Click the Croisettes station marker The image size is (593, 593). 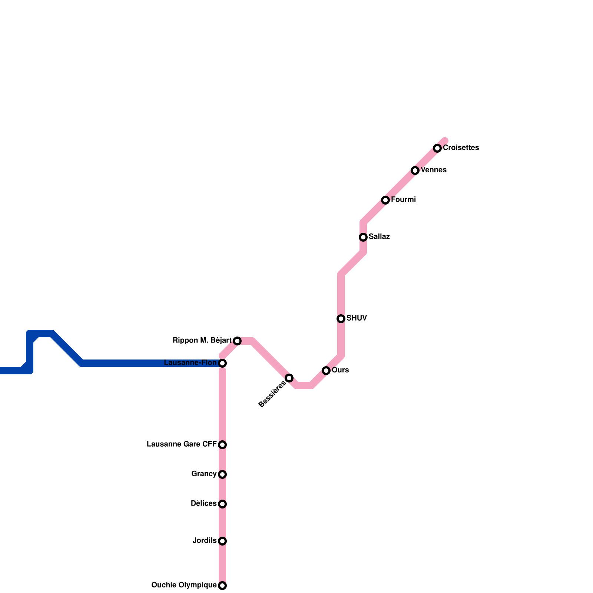pyautogui.click(x=437, y=148)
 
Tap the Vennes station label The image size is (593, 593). pyautogui.click(x=434, y=170)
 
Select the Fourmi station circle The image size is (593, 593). pyautogui.click(x=385, y=200)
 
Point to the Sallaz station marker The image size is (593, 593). pyautogui.click(x=363, y=237)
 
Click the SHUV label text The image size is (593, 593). pyautogui.click(x=357, y=318)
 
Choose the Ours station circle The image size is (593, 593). pyautogui.click(x=326, y=371)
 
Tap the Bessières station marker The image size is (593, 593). pyautogui.click(x=289, y=378)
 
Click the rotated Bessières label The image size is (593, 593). pyautogui.click(x=272, y=394)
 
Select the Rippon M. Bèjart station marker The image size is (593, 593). pyautogui.click(x=237, y=341)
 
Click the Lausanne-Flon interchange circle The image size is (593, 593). pyautogui.click(x=222, y=363)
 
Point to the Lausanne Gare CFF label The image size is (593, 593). pyautogui.click(x=182, y=444)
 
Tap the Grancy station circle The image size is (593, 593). pyautogui.click(x=222, y=474)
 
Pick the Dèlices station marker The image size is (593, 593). pyautogui.click(x=222, y=504)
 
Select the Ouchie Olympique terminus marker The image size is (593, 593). pyautogui.click(x=222, y=586)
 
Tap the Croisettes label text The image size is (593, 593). pyautogui.click(x=461, y=148)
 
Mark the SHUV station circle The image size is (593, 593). pyautogui.click(x=341, y=319)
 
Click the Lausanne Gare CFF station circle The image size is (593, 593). pyautogui.click(x=222, y=445)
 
